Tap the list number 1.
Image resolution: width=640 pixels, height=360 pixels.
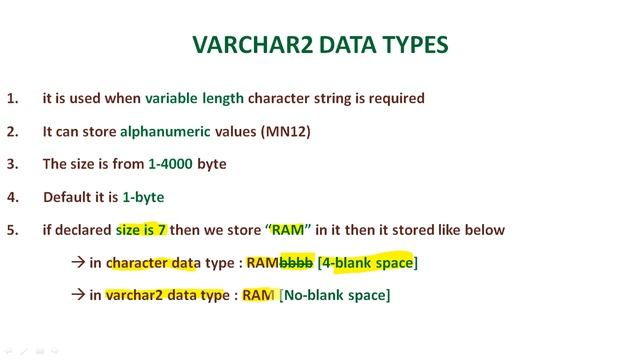point(12,99)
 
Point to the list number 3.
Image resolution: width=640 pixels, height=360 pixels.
point(12,164)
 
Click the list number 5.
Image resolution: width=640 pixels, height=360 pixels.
point(12,230)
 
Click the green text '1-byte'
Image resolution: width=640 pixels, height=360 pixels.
point(143,197)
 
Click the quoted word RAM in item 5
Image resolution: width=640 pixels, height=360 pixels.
point(288,230)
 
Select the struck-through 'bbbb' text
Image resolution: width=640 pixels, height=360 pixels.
point(296,263)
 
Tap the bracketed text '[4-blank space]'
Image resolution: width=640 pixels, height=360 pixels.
point(367,263)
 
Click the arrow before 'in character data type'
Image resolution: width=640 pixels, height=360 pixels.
point(80,263)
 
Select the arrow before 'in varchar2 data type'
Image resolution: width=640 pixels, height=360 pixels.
point(80,295)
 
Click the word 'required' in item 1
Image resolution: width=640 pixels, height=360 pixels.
point(395,99)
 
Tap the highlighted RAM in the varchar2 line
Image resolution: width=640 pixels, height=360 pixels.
point(259,295)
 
